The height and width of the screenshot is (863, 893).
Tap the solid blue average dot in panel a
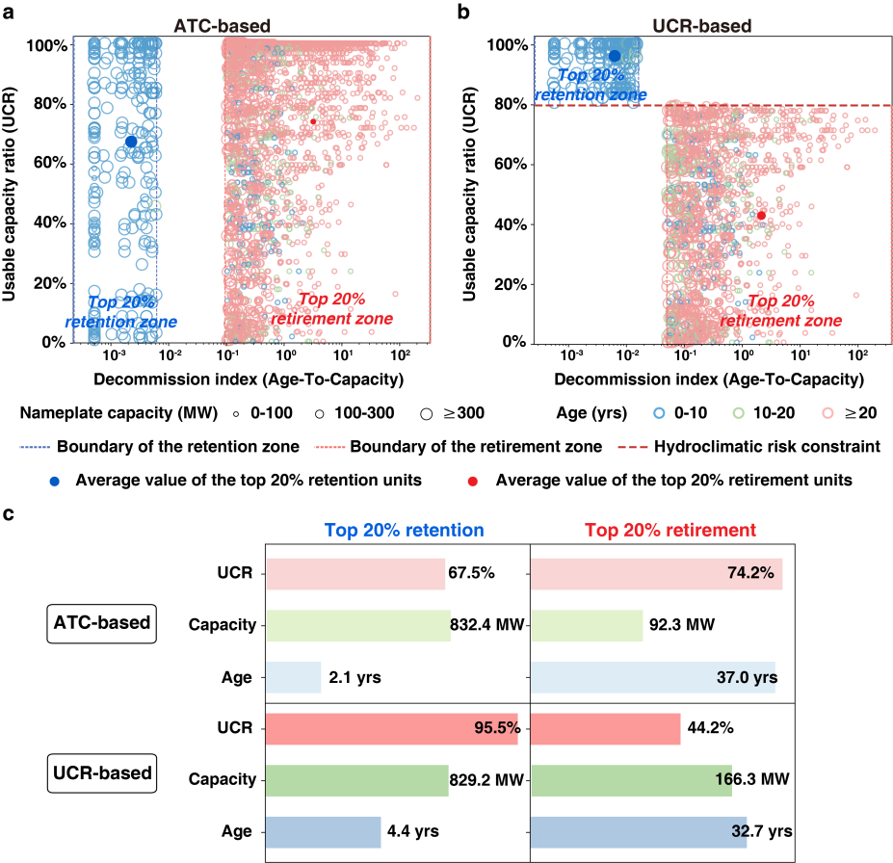tap(131, 142)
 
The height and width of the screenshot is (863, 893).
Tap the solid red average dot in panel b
tap(761, 216)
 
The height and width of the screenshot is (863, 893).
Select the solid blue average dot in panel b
tap(615, 56)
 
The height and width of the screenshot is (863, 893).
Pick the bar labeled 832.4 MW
tap(357, 625)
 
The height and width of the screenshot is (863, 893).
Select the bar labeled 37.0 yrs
tap(652, 677)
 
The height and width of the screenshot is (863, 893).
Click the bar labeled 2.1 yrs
tap(293, 677)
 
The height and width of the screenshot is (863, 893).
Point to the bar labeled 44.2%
tap(605, 729)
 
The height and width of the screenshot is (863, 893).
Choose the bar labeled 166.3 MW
tap(631, 780)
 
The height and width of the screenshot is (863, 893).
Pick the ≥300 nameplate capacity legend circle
tap(426, 413)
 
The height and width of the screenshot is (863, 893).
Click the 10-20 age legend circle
tap(738, 413)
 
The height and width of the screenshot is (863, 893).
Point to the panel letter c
tap(9, 514)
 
